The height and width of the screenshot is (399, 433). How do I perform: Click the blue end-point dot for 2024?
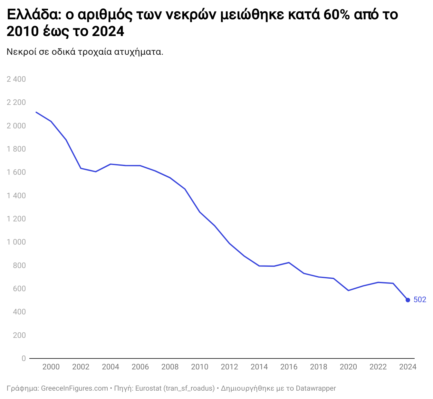click(408, 300)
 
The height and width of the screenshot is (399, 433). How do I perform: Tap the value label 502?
click(420, 300)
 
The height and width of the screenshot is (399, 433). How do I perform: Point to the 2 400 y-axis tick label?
click(16, 79)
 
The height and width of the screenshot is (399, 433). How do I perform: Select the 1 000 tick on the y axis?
click(16, 242)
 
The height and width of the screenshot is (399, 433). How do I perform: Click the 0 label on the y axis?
click(24, 358)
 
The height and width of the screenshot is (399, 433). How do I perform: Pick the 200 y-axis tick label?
click(19, 335)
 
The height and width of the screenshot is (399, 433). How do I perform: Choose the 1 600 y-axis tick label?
click(16, 172)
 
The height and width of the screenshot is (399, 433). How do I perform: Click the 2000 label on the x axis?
click(51, 367)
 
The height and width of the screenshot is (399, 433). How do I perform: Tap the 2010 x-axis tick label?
click(200, 367)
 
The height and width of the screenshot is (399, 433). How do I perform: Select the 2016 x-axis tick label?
click(289, 367)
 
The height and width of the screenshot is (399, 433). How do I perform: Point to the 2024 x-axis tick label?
click(408, 367)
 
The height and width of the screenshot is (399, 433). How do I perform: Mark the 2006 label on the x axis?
click(140, 367)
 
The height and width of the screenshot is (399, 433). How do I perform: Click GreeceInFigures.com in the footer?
click(74, 388)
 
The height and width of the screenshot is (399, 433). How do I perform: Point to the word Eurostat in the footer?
click(148, 388)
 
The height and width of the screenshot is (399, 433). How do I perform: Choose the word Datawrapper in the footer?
click(316, 388)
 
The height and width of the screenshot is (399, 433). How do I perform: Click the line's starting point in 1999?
click(36, 112)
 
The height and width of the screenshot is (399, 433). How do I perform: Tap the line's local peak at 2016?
click(289, 263)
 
